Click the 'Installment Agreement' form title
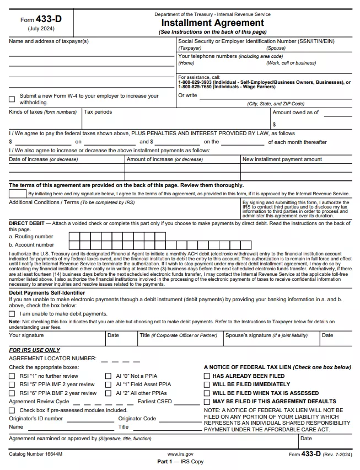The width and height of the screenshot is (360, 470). coord(212,23)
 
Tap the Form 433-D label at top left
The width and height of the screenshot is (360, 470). coord(41,19)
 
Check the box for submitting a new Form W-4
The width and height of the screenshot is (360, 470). coord(12,99)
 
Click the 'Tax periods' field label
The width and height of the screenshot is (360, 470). coord(98,112)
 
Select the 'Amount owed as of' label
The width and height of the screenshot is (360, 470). coord(295,113)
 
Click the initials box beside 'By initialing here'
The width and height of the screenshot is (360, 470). coord(18,194)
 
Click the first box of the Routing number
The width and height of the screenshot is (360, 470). coord(73,236)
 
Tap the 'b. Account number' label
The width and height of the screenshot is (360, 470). coord(31,244)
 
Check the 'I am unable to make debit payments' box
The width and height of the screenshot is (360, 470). coord(12,314)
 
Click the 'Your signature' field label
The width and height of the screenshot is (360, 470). coord(26,335)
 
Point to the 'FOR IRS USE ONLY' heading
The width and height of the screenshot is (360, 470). coord(35,350)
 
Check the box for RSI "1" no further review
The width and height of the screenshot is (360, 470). coord(12,376)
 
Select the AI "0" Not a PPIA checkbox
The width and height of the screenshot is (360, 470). coord(108,376)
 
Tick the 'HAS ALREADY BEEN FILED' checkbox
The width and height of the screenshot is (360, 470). coord(207,376)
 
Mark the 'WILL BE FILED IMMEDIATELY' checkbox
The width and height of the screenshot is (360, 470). coord(207,384)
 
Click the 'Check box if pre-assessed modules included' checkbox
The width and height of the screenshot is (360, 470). coord(12,410)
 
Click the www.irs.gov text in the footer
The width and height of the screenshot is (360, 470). coord(180,453)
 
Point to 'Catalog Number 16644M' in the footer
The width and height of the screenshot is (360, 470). coord(36,453)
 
